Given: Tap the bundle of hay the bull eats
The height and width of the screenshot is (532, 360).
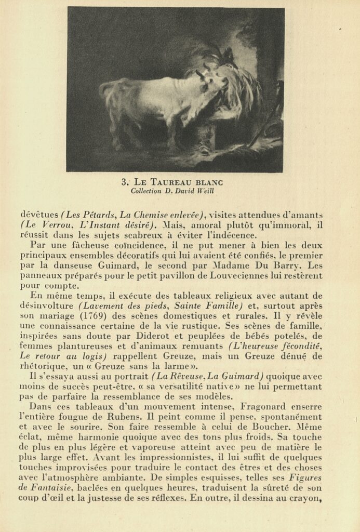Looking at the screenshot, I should [239, 94].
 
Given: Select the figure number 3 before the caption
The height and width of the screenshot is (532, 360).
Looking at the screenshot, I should [124, 182].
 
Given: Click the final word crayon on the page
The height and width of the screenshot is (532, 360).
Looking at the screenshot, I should [308, 498].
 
